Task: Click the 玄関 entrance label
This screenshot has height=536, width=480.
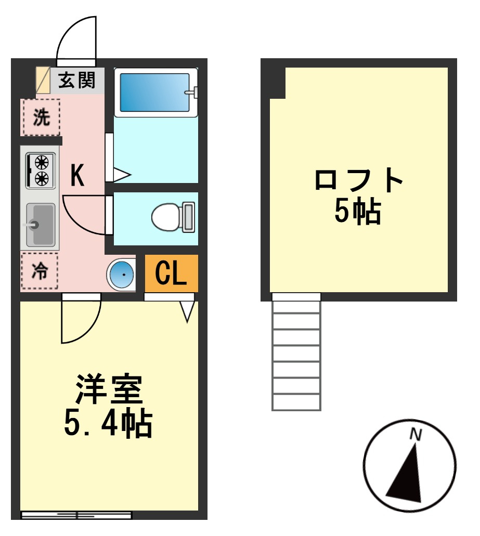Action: click(76, 81)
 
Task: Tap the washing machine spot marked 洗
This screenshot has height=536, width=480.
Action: click(42, 117)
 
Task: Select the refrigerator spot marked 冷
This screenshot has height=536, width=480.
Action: click(40, 271)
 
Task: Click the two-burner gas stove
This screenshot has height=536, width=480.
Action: click(41, 170)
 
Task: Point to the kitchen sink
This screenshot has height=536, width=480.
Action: click(41, 225)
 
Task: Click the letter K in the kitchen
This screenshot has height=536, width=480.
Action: click(77, 175)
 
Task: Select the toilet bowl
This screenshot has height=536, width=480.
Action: click(173, 217)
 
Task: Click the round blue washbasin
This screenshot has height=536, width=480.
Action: click(121, 274)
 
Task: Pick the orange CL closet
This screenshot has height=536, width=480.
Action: click(171, 273)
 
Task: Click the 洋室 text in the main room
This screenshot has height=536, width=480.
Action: click(109, 390)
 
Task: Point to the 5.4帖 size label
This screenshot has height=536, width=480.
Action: click(108, 423)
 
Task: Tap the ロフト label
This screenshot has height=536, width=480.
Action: click(359, 179)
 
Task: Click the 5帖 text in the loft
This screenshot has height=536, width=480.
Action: click(358, 211)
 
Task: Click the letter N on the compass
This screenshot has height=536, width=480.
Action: click(416, 435)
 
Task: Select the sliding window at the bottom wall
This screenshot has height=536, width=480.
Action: click(76, 515)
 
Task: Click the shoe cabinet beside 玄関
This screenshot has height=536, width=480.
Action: click(43, 81)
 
